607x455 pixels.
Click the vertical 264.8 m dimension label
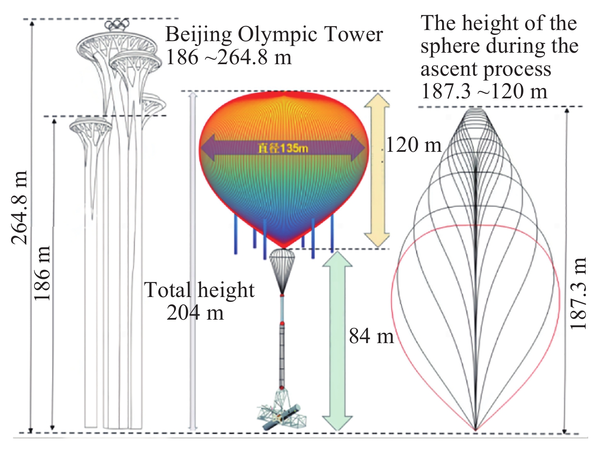point(19,208)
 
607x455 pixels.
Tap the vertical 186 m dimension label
point(42,274)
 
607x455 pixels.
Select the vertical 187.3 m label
point(579,294)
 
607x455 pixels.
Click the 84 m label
point(371,336)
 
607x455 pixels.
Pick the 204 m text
point(195,313)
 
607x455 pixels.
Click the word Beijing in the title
point(199,35)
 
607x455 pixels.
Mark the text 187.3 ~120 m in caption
point(484,91)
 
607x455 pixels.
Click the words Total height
point(199,290)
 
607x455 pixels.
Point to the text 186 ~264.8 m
point(229,57)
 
